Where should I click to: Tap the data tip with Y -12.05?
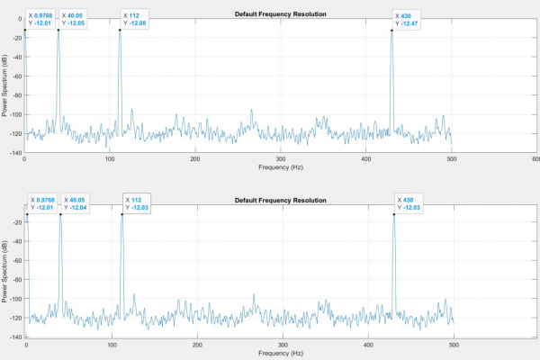[74, 19]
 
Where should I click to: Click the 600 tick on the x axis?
[535, 159]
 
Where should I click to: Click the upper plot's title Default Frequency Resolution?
[280, 14]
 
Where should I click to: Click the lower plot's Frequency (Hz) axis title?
[280, 354]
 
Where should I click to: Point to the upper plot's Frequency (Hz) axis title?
[280, 167]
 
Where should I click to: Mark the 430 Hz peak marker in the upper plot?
[391, 31]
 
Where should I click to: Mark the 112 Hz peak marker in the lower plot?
[122, 214]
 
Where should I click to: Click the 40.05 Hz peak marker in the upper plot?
[58, 31]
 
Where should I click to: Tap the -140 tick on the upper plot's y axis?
[15, 153]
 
